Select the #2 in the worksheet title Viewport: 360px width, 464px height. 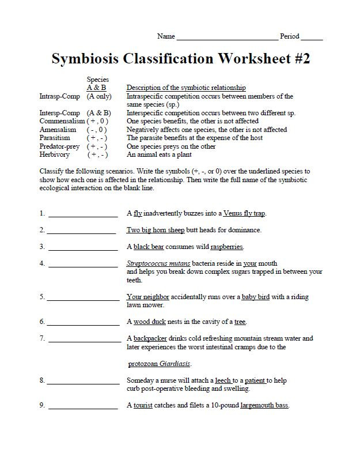click(x=298, y=59)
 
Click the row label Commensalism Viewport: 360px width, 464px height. click(x=62, y=122)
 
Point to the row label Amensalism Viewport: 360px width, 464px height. click(x=58, y=130)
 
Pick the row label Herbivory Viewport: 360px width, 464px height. click(x=55, y=154)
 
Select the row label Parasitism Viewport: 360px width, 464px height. click(x=55, y=138)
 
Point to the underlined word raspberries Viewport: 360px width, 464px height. click(x=227, y=247)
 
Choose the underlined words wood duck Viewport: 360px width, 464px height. click(x=150, y=322)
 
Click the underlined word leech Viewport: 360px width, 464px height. click(x=223, y=380)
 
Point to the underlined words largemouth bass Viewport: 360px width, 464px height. click(x=264, y=405)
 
